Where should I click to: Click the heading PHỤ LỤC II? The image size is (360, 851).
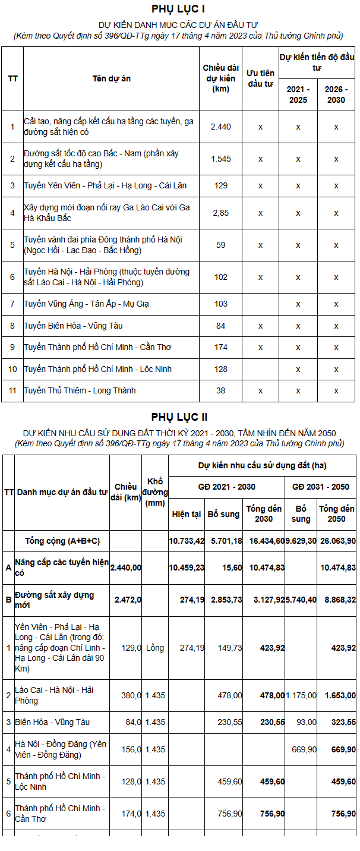(179, 417)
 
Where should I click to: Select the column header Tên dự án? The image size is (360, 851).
(111, 78)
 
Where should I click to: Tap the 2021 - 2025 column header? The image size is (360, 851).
(298, 94)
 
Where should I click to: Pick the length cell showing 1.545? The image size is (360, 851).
(221, 159)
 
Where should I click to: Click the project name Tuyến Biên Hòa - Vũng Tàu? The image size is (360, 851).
(73, 326)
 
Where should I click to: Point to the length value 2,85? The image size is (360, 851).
(221, 213)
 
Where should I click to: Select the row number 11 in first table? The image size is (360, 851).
(12, 390)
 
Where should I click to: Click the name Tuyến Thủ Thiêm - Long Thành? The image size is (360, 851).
(80, 390)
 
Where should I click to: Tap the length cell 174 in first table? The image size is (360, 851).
(221, 347)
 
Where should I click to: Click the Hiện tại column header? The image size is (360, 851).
(187, 514)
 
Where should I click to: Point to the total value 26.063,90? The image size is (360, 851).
(337, 541)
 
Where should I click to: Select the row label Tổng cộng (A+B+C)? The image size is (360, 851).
(62, 541)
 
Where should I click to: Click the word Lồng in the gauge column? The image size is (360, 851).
(155, 648)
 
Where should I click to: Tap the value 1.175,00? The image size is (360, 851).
(301, 695)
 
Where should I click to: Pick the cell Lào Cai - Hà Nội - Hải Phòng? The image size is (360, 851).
(55, 695)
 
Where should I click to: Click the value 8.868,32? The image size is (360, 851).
(337, 600)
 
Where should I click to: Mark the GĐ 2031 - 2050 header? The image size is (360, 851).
(321, 487)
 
